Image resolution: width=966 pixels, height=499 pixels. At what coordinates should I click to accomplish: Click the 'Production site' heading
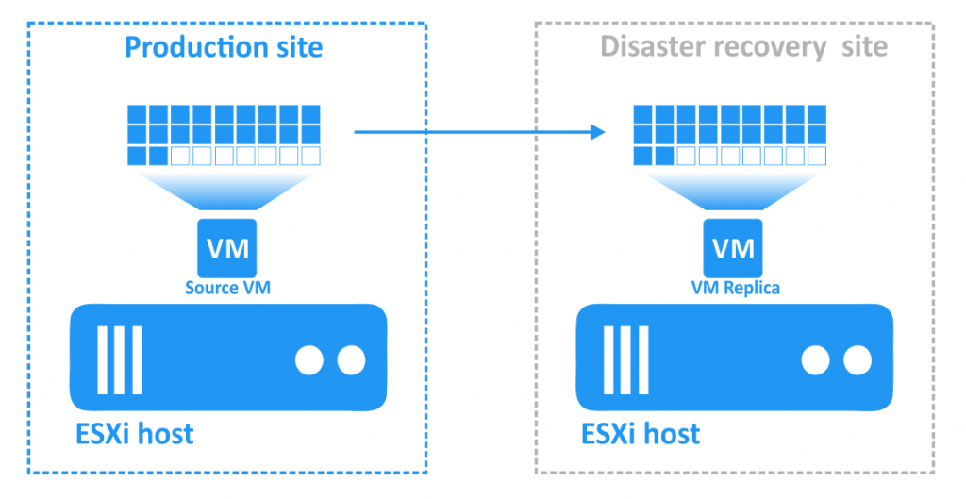coord(224,46)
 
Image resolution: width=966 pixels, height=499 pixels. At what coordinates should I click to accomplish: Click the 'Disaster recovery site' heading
coord(743,46)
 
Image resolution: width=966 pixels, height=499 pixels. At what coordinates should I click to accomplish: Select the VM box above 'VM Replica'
coord(733,248)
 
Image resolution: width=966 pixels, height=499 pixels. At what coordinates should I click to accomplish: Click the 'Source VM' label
coord(227,288)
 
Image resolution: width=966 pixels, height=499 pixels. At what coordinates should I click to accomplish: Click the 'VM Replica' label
coord(733,288)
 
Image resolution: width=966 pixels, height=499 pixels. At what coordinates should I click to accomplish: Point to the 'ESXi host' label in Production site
coord(134,434)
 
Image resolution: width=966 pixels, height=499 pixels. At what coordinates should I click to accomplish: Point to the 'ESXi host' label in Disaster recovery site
coord(641,434)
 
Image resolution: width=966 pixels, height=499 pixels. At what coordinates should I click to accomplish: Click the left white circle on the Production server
coord(308,359)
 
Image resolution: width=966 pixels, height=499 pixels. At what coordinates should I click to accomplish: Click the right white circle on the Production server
coord(350,359)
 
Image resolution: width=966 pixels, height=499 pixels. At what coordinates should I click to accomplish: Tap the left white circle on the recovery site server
coord(815,359)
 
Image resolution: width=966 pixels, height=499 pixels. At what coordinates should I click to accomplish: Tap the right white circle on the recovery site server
coord(857,359)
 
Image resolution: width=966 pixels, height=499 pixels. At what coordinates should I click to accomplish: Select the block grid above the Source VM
coord(224,135)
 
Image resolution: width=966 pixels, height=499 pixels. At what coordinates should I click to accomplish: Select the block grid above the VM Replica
coord(730,135)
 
